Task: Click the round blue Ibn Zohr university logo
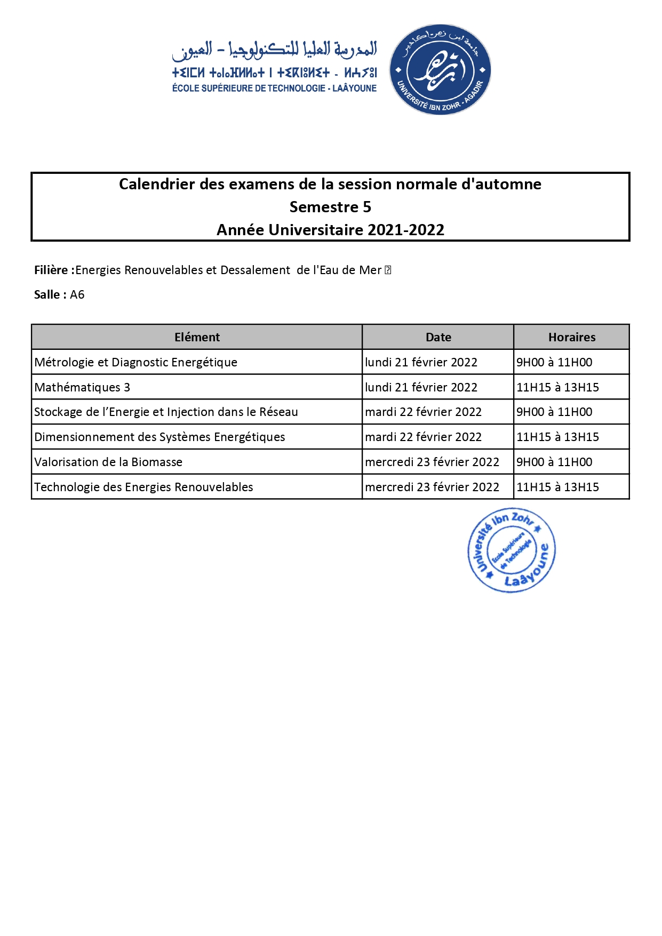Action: coord(440,69)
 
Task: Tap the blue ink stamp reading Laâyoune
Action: coord(512,550)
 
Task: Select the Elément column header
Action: coord(197,337)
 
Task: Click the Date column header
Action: coord(438,337)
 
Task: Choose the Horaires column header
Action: coord(571,337)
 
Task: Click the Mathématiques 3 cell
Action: coord(82,387)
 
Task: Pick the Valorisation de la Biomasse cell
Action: coord(108,462)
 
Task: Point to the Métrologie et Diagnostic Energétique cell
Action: coord(135,362)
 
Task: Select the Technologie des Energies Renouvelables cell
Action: coord(143,487)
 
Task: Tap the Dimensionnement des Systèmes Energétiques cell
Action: coord(159,437)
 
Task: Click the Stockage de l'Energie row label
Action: coord(166,412)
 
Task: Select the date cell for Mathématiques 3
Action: coord(421,387)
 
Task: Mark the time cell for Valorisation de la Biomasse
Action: coord(554,462)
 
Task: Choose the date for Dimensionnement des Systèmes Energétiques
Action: coord(423,437)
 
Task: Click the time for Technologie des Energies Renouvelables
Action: coord(557,487)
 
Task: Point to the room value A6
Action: coord(77,294)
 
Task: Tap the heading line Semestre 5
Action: coord(330,207)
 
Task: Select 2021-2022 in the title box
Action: coord(406,230)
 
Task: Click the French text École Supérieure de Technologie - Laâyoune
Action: coord(274,89)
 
